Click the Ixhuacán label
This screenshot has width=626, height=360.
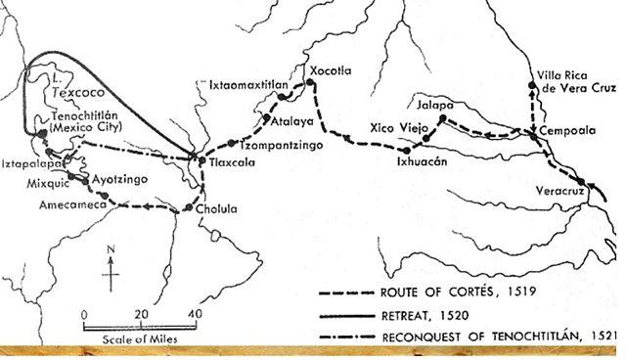(x=422, y=162)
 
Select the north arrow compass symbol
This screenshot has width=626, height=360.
(x=112, y=273)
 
